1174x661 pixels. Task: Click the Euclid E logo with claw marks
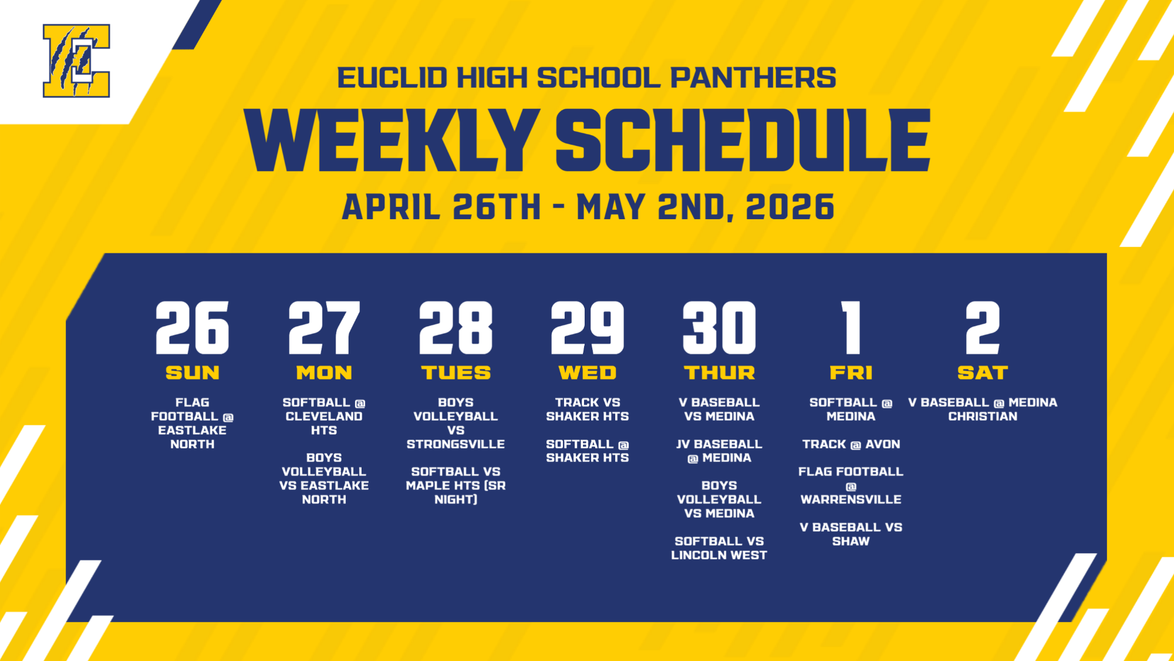click(76, 61)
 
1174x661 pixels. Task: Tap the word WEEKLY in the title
click(392, 140)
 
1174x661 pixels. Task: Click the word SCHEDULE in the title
click(743, 140)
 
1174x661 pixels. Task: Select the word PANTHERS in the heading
click(753, 78)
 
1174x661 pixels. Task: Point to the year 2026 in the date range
click(790, 207)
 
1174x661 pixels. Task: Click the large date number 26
click(192, 328)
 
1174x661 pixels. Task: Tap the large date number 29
click(587, 328)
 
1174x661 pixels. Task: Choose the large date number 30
click(719, 328)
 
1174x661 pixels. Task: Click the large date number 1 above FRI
click(851, 328)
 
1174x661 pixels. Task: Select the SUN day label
click(192, 373)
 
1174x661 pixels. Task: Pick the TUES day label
click(456, 373)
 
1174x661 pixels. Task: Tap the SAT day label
click(983, 373)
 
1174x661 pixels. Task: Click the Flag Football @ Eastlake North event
click(192, 423)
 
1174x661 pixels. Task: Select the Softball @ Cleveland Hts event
click(324, 416)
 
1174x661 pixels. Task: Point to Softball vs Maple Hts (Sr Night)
click(456, 485)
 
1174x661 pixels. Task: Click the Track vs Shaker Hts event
click(587, 410)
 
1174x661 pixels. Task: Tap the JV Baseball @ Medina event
click(719, 451)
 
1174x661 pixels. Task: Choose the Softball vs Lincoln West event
click(719, 548)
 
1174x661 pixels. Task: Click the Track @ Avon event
click(851, 444)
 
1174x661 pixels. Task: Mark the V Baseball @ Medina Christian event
click(983, 410)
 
